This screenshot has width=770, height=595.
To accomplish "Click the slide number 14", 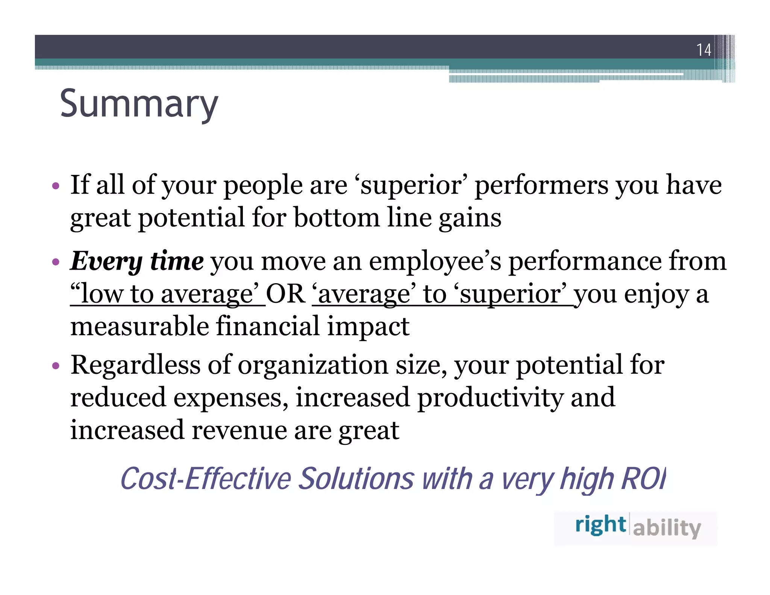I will pos(703,50).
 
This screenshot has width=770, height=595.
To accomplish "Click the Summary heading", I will pos(139,104).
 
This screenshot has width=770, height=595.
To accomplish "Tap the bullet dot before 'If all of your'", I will pos(56,186).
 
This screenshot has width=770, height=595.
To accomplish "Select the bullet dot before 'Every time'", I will pos(56,262).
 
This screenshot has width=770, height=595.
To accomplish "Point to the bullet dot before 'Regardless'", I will pos(56,366).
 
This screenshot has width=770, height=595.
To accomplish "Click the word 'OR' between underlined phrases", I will pos(286,294).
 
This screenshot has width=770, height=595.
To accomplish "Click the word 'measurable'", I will pos(139,326).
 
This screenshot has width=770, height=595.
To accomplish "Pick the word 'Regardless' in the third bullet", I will pos(135,366).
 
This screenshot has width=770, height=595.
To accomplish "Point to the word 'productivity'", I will pos(490,398).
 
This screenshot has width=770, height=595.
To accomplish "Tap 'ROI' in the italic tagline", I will pos(643,479).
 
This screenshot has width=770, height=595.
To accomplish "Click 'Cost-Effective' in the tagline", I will pos(206,479).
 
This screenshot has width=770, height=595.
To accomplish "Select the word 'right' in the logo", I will pos(600,525).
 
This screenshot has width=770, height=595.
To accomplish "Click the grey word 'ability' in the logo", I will pos(667,528).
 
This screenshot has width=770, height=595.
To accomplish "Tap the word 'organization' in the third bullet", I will pos(313,366).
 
